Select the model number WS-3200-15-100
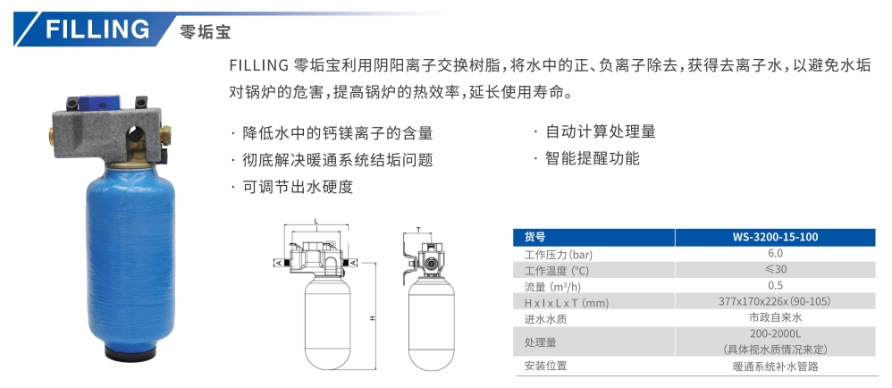[774, 237]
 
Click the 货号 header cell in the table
[534, 237]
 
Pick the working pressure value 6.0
[774, 254]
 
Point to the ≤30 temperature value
[774, 270]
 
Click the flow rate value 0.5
[774, 285]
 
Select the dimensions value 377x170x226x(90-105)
[774, 301]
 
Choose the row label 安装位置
[546, 366]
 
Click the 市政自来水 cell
[774, 317]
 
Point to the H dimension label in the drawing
[369, 318]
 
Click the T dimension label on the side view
[418, 230]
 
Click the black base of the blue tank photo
[131, 355]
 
